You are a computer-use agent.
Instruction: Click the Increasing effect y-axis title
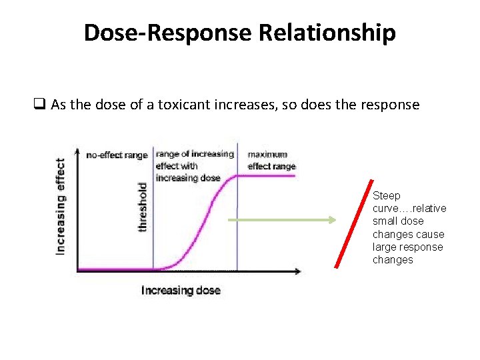(61, 205)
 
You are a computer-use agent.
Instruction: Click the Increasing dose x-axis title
(180, 290)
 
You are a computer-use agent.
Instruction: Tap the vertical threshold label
(143, 207)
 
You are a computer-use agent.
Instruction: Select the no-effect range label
(117, 155)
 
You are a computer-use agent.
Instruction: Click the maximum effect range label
(271, 161)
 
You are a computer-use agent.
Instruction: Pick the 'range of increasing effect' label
(195, 165)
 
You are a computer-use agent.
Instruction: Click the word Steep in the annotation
(387, 195)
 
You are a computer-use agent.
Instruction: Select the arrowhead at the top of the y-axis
(78, 149)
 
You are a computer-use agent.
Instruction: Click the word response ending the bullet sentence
(390, 105)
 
